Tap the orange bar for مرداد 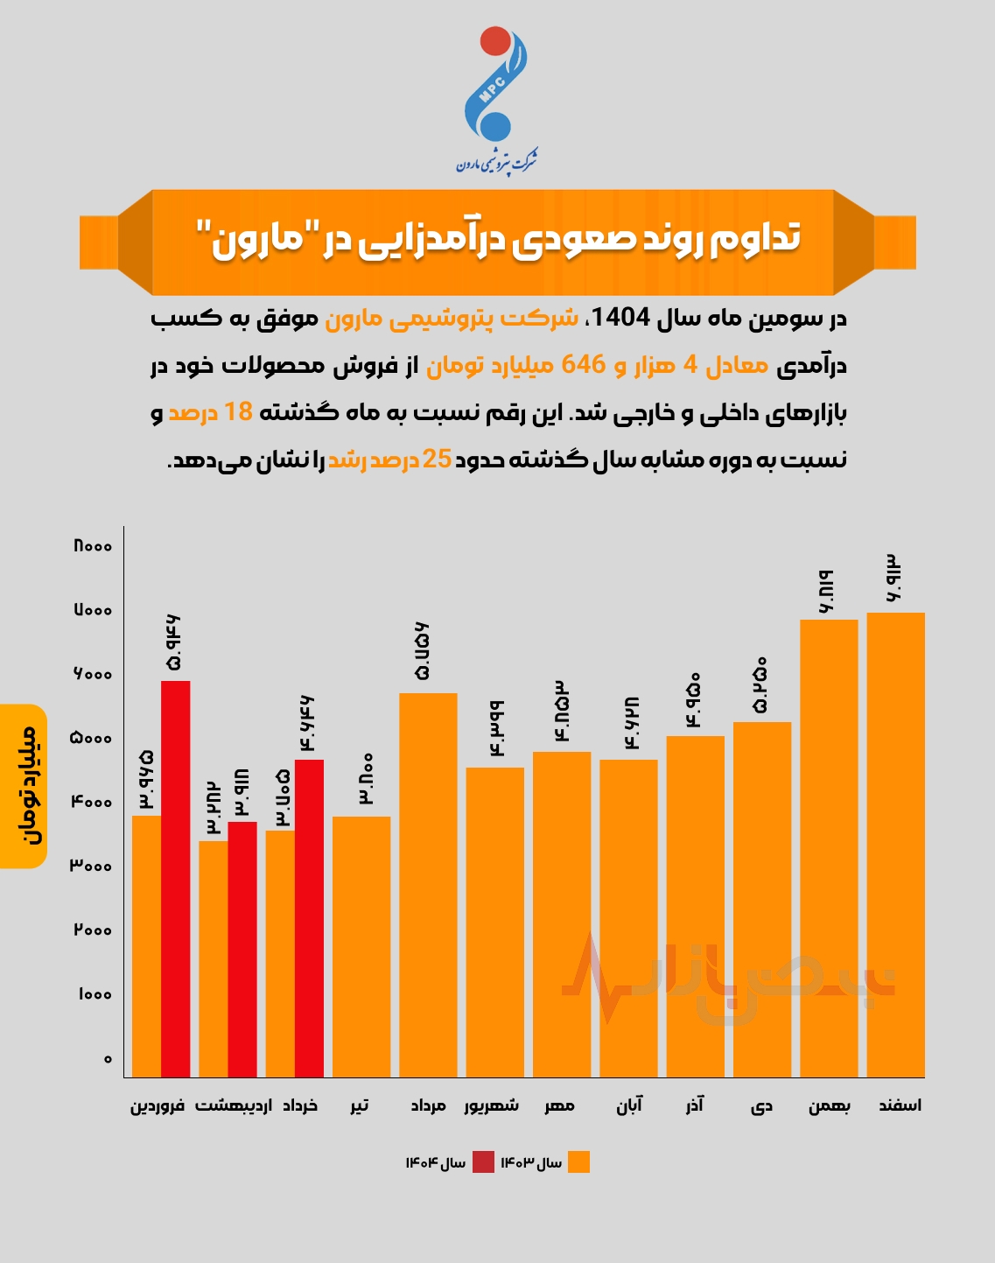pos(428,884)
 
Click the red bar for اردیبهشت pos(242,949)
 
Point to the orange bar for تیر pos(361,946)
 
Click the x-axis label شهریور pos(491,1105)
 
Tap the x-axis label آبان pos(628,1105)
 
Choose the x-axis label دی pos(761,1106)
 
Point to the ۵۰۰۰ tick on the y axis pos(92,738)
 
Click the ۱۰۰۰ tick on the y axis pos(95,994)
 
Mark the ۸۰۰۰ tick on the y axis pos(92,546)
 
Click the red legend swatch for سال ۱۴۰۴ pos(483,1162)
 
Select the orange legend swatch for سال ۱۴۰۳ pos(578,1162)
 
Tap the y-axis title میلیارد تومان pos(24,786)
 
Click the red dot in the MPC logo pos(495,41)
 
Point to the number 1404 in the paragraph pos(621,318)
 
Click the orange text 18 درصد pos(210,412)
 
